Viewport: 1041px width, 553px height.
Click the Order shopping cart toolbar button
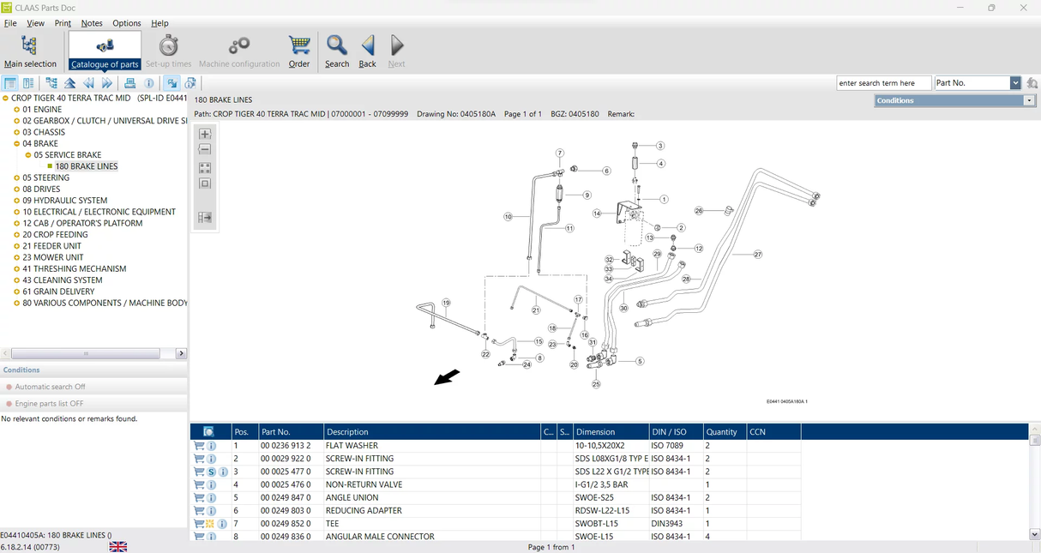(298, 51)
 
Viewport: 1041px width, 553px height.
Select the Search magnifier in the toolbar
(336, 51)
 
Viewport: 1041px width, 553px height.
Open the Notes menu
(92, 23)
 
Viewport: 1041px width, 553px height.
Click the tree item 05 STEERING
(46, 177)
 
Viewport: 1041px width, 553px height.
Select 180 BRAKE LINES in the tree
(87, 166)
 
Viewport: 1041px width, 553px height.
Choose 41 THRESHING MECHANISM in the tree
(75, 268)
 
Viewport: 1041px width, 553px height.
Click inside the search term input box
(883, 83)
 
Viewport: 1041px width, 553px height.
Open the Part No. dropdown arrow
(1015, 83)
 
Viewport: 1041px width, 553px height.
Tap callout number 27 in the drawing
(757, 255)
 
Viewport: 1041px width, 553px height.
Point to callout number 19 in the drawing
(446, 303)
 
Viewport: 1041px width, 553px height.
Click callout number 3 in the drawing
(660, 146)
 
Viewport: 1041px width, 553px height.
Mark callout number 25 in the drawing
(596, 384)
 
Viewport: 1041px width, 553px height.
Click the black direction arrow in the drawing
(447, 377)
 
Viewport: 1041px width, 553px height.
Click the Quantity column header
(722, 432)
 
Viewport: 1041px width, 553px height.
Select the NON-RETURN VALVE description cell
(364, 484)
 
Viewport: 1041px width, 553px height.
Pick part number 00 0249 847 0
(286, 497)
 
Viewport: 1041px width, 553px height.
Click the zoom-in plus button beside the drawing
(205, 135)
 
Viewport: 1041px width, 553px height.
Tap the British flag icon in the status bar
(118, 547)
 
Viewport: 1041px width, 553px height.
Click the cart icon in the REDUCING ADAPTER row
(199, 511)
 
